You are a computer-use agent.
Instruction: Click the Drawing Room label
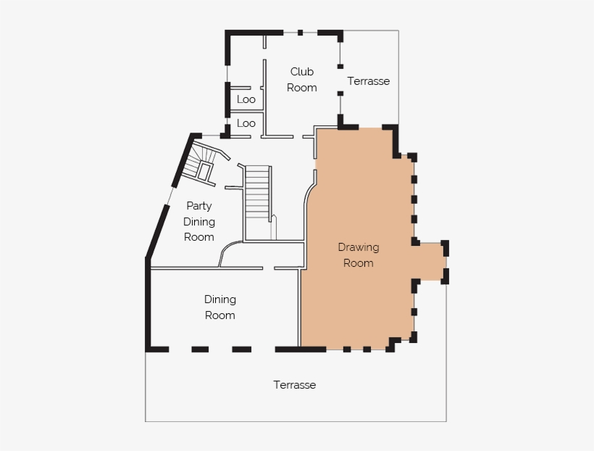click(x=359, y=255)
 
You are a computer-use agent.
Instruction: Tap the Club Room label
click(x=301, y=80)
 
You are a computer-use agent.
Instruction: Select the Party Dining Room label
click(x=199, y=222)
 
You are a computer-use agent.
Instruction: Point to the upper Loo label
click(x=246, y=99)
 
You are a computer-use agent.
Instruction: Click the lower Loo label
click(x=246, y=123)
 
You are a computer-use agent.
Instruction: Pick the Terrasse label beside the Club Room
click(x=368, y=81)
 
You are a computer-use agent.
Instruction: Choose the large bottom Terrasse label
click(x=294, y=385)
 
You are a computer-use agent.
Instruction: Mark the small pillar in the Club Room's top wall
click(x=300, y=33)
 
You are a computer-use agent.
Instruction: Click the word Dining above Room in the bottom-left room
click(x=220, y=299)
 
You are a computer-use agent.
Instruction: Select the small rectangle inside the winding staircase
click(x=204, y=171)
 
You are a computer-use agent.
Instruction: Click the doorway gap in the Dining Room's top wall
click(x=269, y=268)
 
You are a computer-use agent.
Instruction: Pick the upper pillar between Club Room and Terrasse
click(x=340, y=67)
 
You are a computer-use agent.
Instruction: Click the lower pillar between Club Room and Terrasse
click(x=340, y=94)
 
